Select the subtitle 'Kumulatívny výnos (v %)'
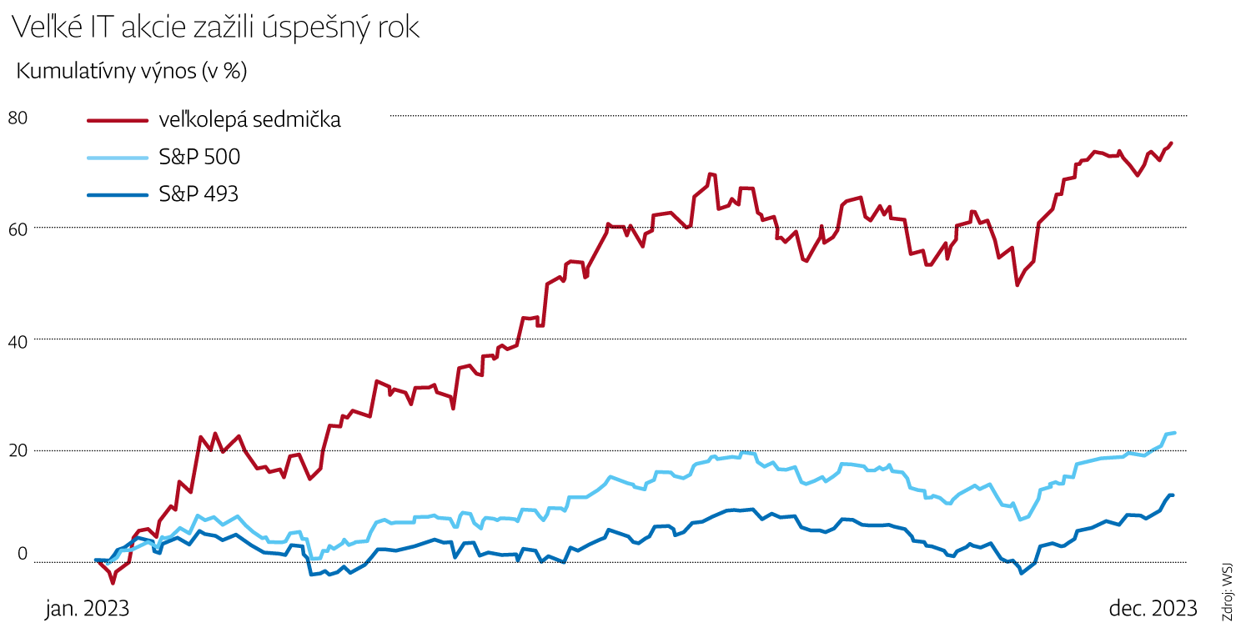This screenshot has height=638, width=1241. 132,72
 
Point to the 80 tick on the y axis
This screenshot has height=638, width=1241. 18,118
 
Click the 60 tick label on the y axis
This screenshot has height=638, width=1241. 18,228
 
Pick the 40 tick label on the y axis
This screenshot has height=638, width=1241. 18,340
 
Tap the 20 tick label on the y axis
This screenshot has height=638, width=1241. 18,451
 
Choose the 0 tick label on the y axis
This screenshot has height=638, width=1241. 23,555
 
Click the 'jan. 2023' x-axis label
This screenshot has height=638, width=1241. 87,609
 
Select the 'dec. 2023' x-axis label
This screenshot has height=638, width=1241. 1153,609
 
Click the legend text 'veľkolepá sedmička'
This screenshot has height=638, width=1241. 249,120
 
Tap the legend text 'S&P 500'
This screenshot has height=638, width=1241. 200,158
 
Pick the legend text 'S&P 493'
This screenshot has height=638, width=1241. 198,194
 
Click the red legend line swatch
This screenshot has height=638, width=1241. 118,120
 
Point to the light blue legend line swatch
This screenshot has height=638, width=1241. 118,158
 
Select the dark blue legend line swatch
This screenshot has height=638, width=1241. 118,194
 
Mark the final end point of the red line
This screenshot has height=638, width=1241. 1171,143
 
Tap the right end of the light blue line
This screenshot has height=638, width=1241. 1173,433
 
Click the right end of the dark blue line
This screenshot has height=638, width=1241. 1173,495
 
